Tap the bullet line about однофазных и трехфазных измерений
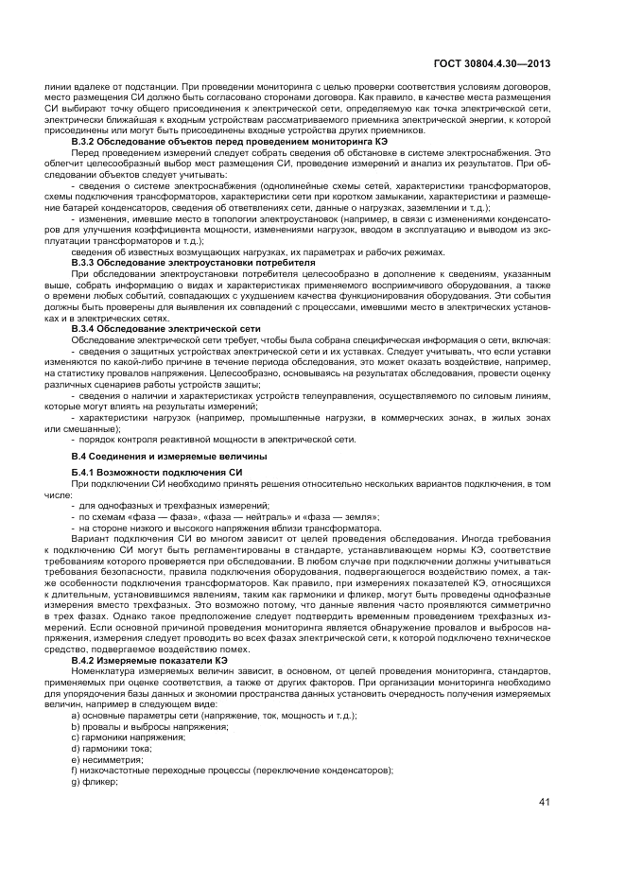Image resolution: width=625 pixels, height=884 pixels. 170,506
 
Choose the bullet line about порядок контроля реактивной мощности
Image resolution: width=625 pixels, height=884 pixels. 213,439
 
